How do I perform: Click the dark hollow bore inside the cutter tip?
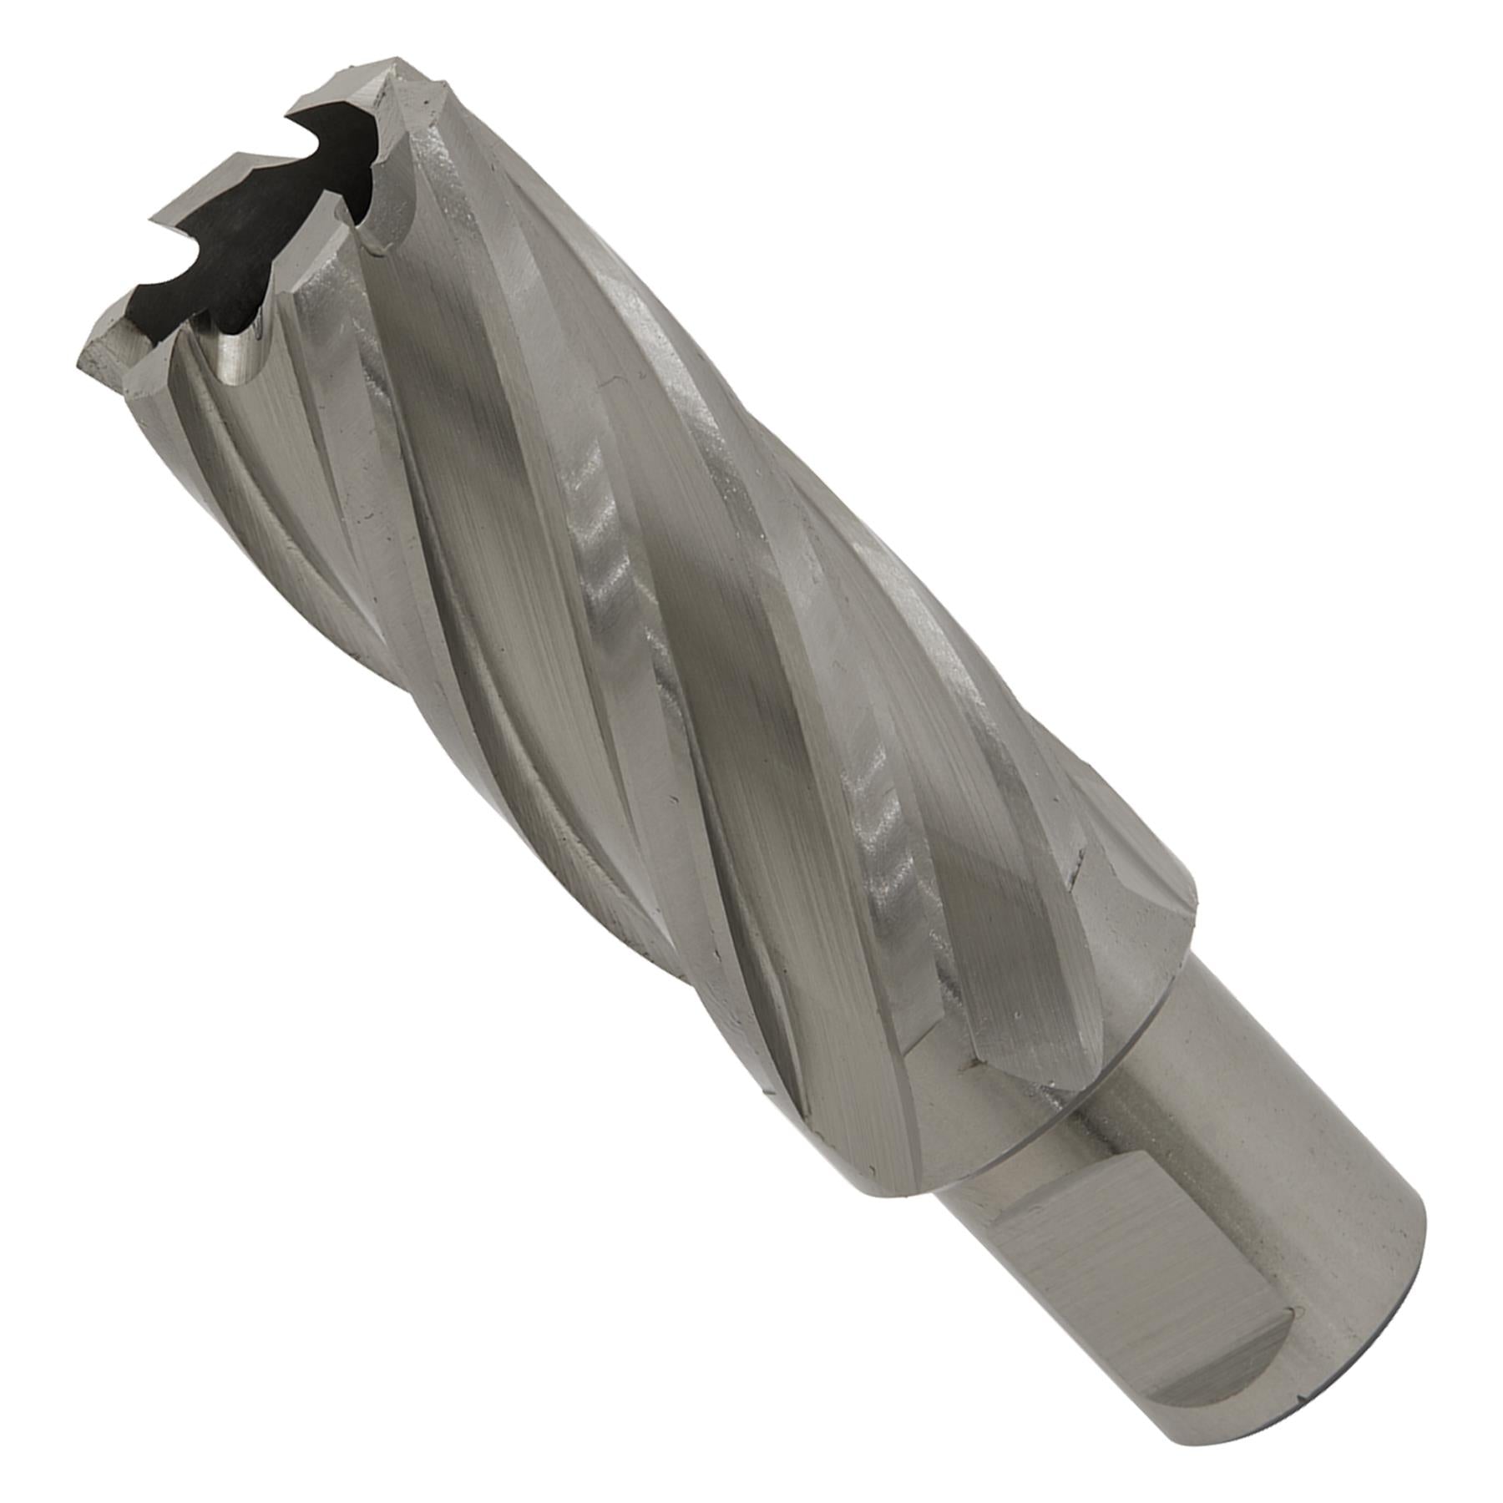pyautogui.click(x=242, y=242)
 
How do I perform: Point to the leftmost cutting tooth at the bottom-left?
pyautogui.click(x=104, y=351)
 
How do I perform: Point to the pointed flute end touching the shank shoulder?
pyautogui.click(x=973, y=1065)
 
